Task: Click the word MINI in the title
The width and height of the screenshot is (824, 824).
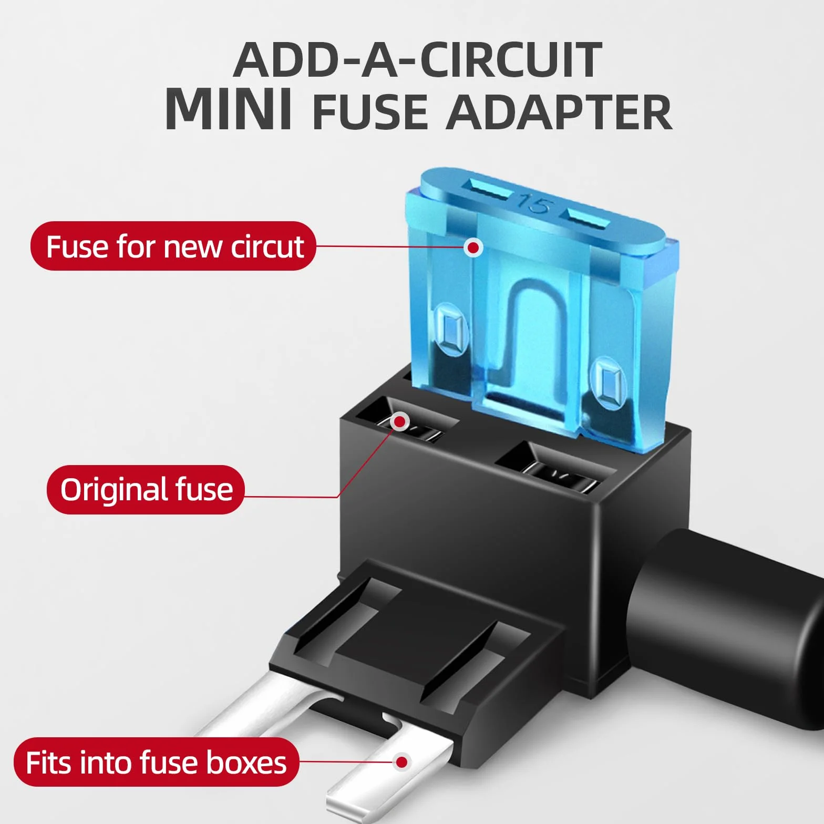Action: click(229, 109)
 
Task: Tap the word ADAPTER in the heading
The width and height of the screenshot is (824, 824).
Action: click(559, 112)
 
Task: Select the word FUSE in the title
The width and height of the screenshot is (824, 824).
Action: click(370, 112)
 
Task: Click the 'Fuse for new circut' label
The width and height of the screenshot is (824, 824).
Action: click(173, 246)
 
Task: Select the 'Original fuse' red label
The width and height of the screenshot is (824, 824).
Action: click(146, 489)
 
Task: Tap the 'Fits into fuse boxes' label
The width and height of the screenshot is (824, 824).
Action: click(157, 762)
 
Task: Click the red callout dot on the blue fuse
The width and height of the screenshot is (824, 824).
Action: click(473, 247)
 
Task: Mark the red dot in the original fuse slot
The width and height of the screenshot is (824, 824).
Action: click(400, 421)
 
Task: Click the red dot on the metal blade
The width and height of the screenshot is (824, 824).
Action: click(402, 762)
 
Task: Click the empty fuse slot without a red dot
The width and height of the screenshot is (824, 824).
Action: click(556, 468)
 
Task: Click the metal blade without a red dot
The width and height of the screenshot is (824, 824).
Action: click(263, 709)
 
